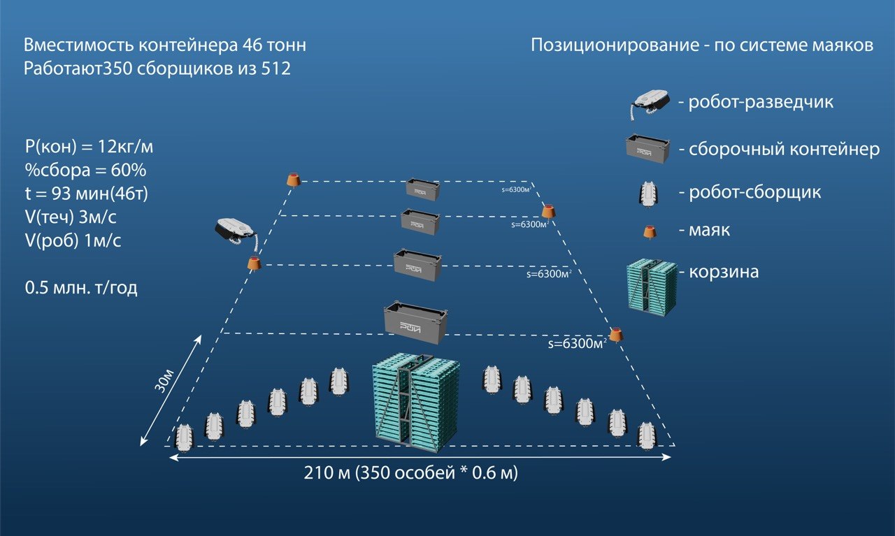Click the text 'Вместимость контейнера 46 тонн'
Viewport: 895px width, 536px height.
point(164,46)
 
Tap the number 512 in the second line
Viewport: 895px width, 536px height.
point(273,70)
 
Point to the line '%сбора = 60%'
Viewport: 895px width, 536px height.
point(85,171)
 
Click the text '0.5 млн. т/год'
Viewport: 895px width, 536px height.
point(80,288)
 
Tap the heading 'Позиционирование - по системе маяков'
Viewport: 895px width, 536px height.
point(702,46)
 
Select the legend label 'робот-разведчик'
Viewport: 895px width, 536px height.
point(761,102)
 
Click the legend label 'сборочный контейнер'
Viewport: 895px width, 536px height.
point(784,150)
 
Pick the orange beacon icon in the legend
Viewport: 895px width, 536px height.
point(650,231)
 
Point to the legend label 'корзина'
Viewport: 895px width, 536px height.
point(723,272)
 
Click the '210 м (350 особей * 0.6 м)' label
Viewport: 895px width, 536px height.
point(410,473)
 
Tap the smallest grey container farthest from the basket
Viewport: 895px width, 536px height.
point(423,189)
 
